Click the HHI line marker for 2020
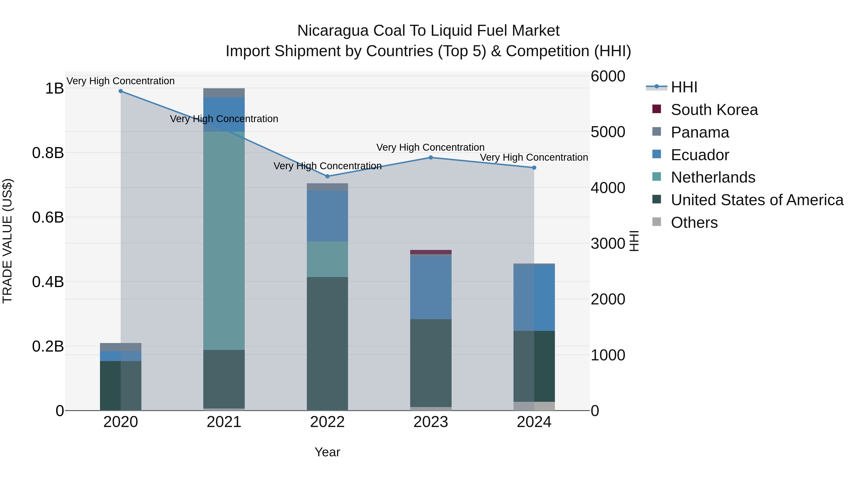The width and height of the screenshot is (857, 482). click(121, 91)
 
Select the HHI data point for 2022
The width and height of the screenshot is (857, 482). click(327, 176)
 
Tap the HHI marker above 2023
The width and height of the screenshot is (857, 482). click(430, 158)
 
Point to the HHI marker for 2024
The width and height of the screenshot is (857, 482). click(534, 168)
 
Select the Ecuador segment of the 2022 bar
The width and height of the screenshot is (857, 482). click(327, 216)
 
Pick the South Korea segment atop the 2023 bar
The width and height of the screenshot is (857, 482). click(430, 252)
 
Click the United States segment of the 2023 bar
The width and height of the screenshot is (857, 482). click(430, 363)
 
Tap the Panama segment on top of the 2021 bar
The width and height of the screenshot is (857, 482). click(224, 93)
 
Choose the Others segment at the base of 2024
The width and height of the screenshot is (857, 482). click(534, 406)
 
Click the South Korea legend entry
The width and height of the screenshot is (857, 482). click(714, 110)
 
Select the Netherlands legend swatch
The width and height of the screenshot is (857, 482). click(656, 177)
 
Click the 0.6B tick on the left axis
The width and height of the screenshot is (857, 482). click(48, 218)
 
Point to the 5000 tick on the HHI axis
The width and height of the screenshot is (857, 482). click(608, 132)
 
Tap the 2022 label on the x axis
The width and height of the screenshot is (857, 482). click(327, 422)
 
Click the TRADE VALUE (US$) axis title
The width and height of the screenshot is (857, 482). click(7, 241)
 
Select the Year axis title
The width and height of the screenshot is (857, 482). click(327, 452)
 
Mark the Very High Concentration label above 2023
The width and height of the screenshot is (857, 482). click(430, 147)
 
